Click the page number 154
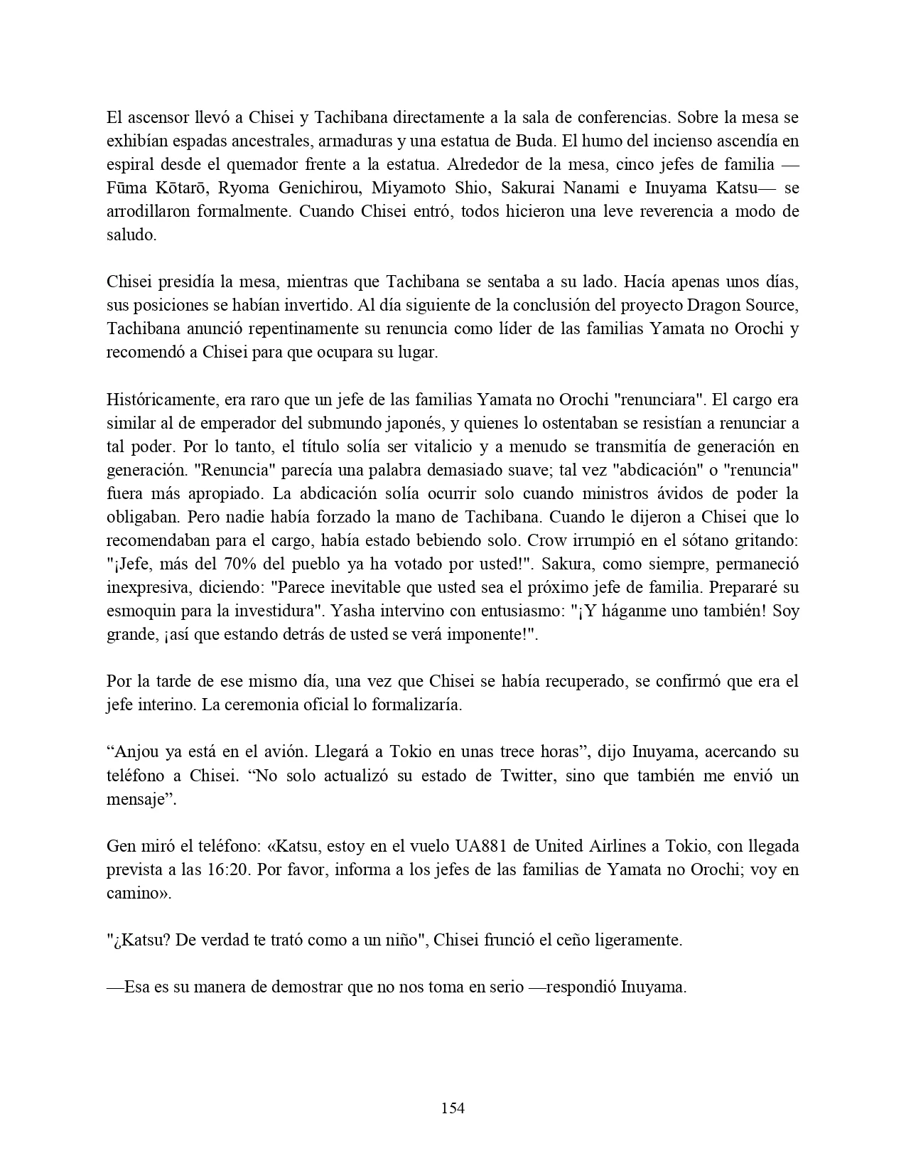point(453,1108)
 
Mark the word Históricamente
point(158,400)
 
